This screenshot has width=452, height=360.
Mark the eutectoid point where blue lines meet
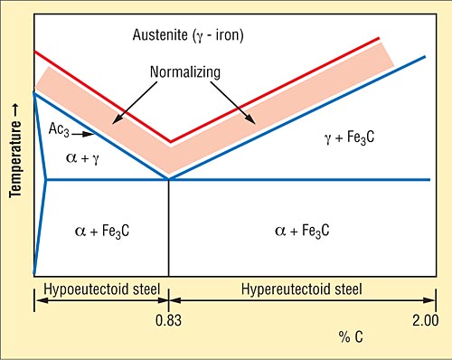click(169, 179)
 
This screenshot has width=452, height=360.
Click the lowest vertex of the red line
click(170, 142)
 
